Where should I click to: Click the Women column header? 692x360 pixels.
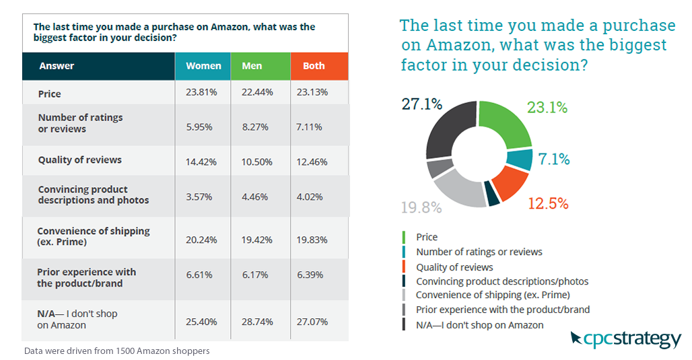[x=203, y=66]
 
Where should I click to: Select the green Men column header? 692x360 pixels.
[x=251, y=66]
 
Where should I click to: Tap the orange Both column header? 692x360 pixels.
[x=314, y=66]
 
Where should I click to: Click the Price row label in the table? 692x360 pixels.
[x=49, y=93]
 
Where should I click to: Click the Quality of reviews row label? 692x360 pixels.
[x=79, y=160]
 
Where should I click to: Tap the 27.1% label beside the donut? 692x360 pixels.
[x=421, y=104]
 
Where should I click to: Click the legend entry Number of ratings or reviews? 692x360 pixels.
[x=479, y=252]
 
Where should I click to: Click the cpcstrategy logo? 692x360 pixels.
[x=625, y=339]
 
